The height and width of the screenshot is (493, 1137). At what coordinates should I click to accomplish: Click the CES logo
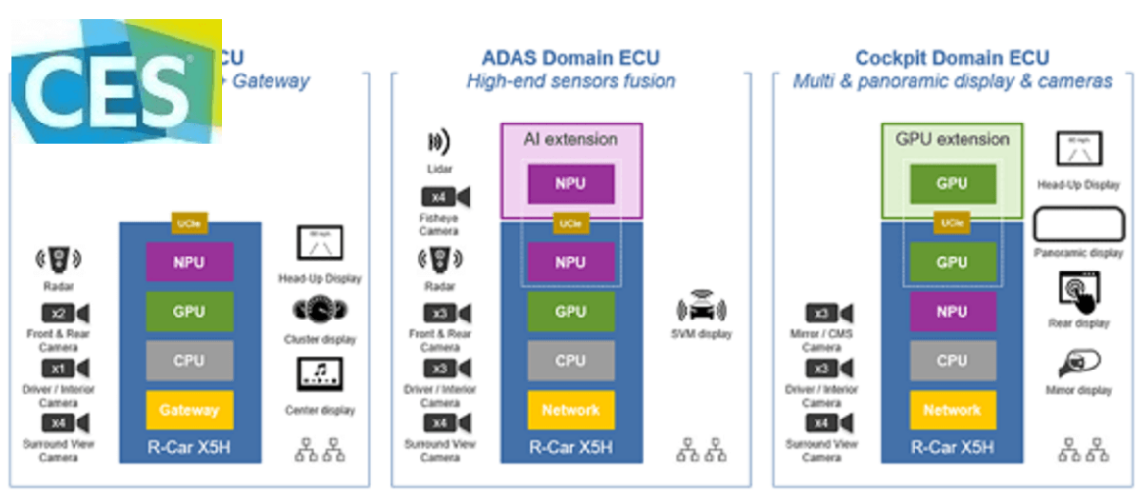[x=108, y=82]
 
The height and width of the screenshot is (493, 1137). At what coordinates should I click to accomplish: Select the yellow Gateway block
[x=189, y=410]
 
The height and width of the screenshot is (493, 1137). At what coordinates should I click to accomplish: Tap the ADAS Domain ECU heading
[x=569, y=57]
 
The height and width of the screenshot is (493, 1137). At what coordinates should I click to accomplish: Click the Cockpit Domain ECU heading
[x=952, y=57]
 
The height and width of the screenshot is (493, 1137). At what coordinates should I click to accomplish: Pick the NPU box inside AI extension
[x=570, y=183]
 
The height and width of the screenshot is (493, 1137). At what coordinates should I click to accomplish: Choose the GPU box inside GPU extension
[x=952, y=183]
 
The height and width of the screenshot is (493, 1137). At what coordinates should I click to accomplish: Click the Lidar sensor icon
[x=438, y=143]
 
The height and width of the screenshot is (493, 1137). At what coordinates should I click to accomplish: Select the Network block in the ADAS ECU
[x=570, y=410]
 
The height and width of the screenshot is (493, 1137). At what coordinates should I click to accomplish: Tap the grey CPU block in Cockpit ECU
[x=952, y=360]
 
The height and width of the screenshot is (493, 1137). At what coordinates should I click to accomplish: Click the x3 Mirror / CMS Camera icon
[x=828, y=314]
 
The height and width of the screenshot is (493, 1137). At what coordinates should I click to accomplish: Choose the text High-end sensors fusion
[x=569, y=81]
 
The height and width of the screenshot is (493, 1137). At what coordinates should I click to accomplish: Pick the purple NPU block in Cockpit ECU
[x=952, y=311]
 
